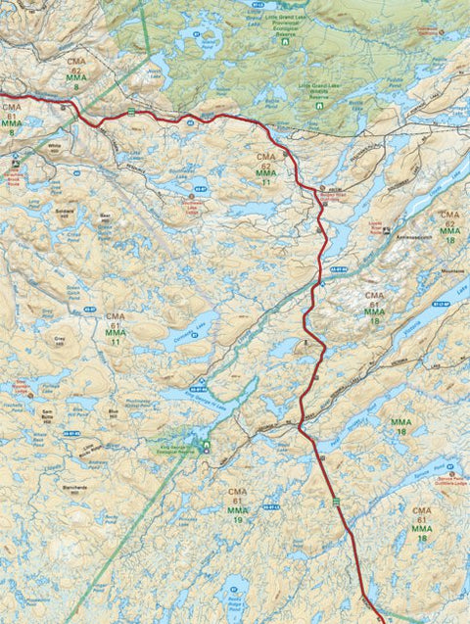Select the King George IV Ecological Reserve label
(x=174, y=452)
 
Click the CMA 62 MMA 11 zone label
(x=266, y=169)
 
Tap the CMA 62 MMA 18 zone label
(x=449, y=226)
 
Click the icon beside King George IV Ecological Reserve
(x=206, y=449)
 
